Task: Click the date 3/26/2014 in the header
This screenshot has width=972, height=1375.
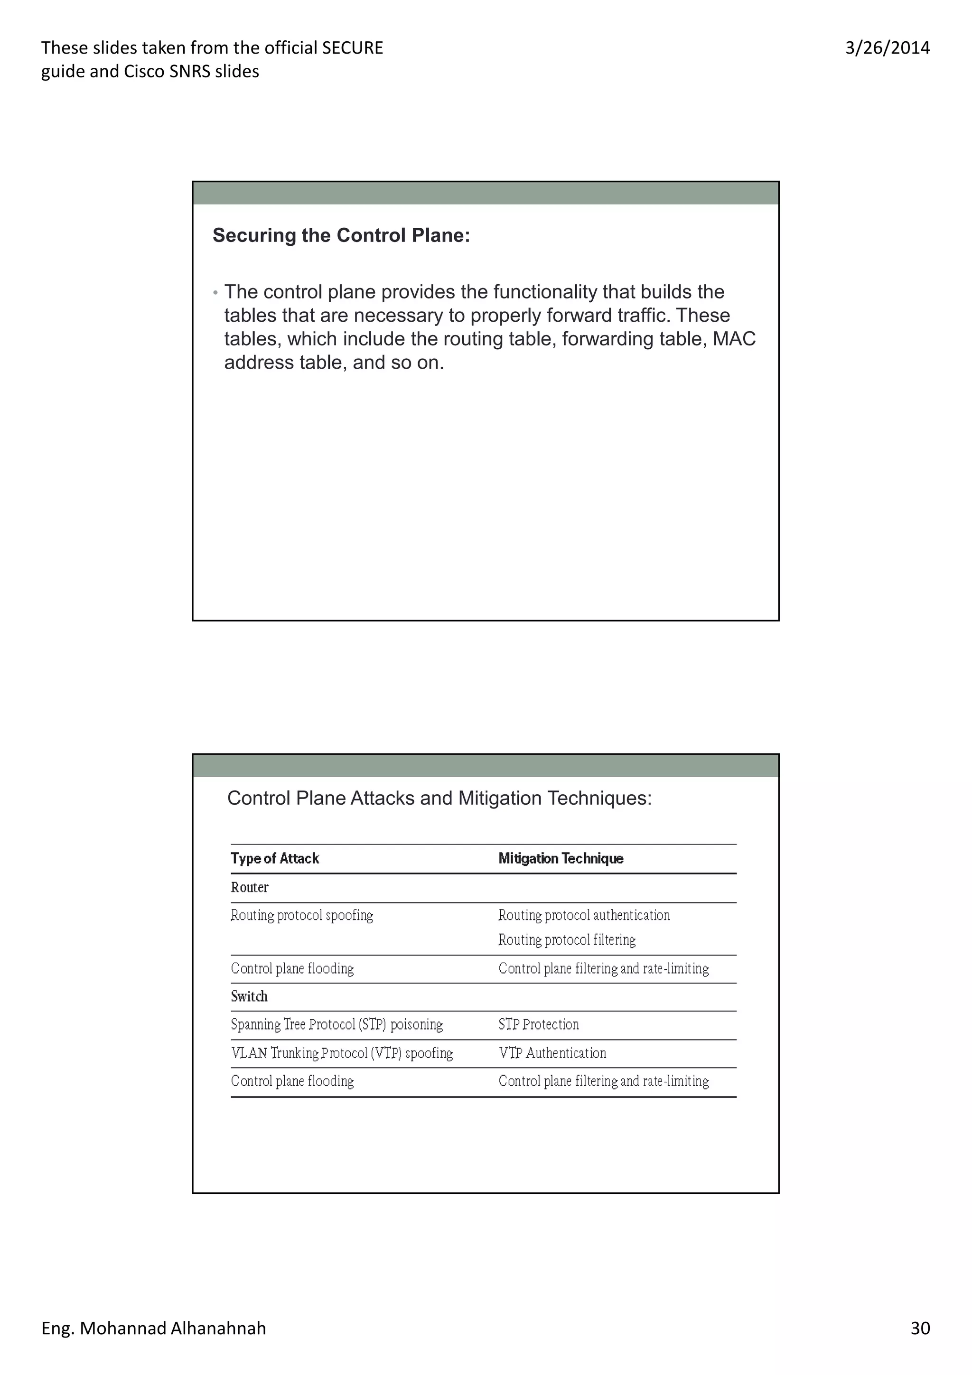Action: coord(887,48)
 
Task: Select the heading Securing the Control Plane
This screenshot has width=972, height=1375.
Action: coord(341,235)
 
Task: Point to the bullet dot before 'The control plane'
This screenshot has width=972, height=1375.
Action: coord(215,293)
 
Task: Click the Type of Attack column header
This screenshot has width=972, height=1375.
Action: coord(275,858)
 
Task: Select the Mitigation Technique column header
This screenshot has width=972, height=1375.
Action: coord(561,858)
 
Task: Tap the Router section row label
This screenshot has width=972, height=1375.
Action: coord(250,887)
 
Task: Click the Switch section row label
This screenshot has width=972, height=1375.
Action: coord(249,996)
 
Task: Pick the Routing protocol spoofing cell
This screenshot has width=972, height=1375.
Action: coord(302,915)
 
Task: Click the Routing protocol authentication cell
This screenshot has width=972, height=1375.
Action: coord(584,915)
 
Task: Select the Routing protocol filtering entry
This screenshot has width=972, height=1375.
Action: coord(567,939)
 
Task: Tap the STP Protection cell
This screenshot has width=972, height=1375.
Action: coord(538,1024)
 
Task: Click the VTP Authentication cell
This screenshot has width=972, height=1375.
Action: coord(552,1053)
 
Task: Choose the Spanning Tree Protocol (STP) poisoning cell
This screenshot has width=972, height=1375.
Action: coord(336,1024)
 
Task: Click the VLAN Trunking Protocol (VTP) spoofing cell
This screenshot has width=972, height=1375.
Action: coord(341,1053)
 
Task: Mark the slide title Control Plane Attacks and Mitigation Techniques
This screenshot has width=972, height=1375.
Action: coord(439,799)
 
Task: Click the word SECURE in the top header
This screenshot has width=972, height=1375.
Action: coord(352,48)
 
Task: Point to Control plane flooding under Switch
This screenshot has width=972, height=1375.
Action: coord(292,1081)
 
